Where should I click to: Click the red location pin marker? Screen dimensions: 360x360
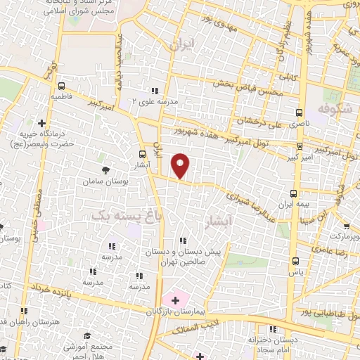181,166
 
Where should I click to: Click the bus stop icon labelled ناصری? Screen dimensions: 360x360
300,112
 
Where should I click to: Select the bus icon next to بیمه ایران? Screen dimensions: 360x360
294,193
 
